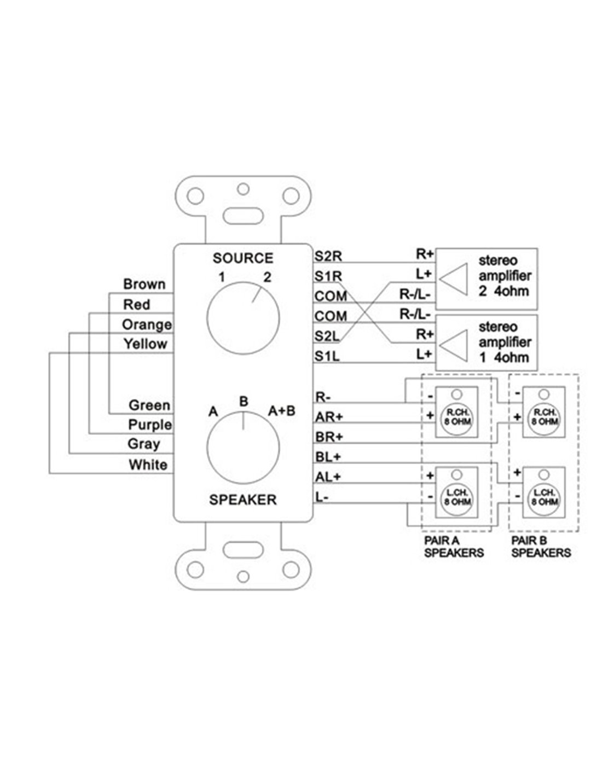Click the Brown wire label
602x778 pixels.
(144, 285)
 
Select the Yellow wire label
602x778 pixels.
(145, 344)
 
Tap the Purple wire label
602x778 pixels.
(149, 425)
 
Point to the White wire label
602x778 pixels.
(148, 465)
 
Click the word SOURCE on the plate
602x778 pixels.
(243, 258)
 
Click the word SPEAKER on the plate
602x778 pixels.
(243, 500)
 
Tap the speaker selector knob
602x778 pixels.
(243, 449)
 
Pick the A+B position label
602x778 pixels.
(281, 410)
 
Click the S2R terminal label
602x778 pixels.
(328, 256)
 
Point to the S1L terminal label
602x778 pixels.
(327, 357)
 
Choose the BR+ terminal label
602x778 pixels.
(329, 437)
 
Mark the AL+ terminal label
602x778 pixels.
(328, 477)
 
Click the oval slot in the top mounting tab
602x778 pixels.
(243, 214)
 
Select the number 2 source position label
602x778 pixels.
(267, 277)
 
